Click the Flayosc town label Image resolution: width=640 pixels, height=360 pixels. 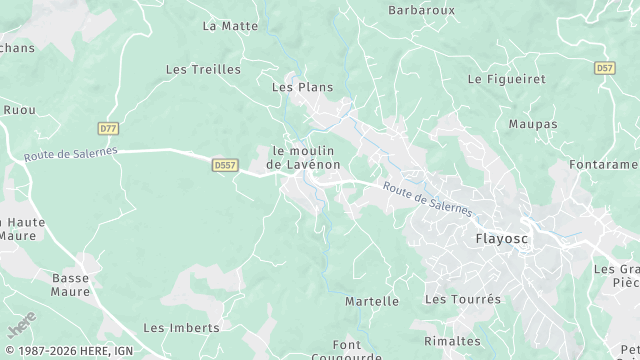click(502, 239)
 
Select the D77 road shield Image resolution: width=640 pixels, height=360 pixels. click(109, 128)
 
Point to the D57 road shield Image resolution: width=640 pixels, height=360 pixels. click(604, 68)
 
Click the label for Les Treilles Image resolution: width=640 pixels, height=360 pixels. click(203, 69)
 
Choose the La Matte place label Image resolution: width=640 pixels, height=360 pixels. click(230, 26)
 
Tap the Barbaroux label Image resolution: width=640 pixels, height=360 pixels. click(421, 10)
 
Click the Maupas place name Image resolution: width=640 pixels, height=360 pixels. click(532, 124)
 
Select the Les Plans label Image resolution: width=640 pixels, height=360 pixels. click(302, 87)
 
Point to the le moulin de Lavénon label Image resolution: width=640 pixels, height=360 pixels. click(304, 157)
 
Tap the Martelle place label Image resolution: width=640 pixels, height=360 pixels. click(371, 301)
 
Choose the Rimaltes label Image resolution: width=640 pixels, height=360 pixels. click(452, 341)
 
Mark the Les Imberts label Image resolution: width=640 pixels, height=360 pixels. click(181, 327)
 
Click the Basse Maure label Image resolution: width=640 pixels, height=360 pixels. click(71, 285)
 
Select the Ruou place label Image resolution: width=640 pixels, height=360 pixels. click(19, 110)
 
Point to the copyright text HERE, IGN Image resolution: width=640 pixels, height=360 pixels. click(75, 349)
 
